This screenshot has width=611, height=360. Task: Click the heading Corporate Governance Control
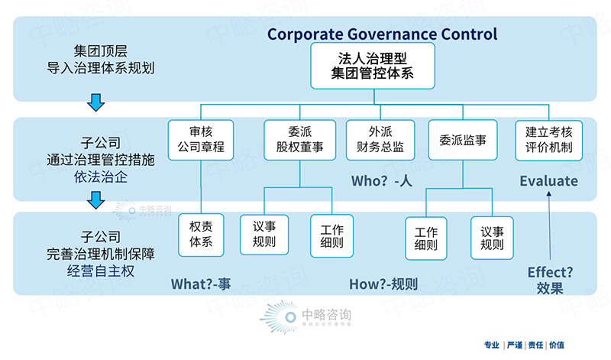tap(382, 34)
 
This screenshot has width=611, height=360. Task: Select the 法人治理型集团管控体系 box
tap(372, 66)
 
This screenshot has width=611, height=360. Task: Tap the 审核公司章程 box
tap(200, 140)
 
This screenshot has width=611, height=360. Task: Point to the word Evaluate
tap(548, 181)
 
